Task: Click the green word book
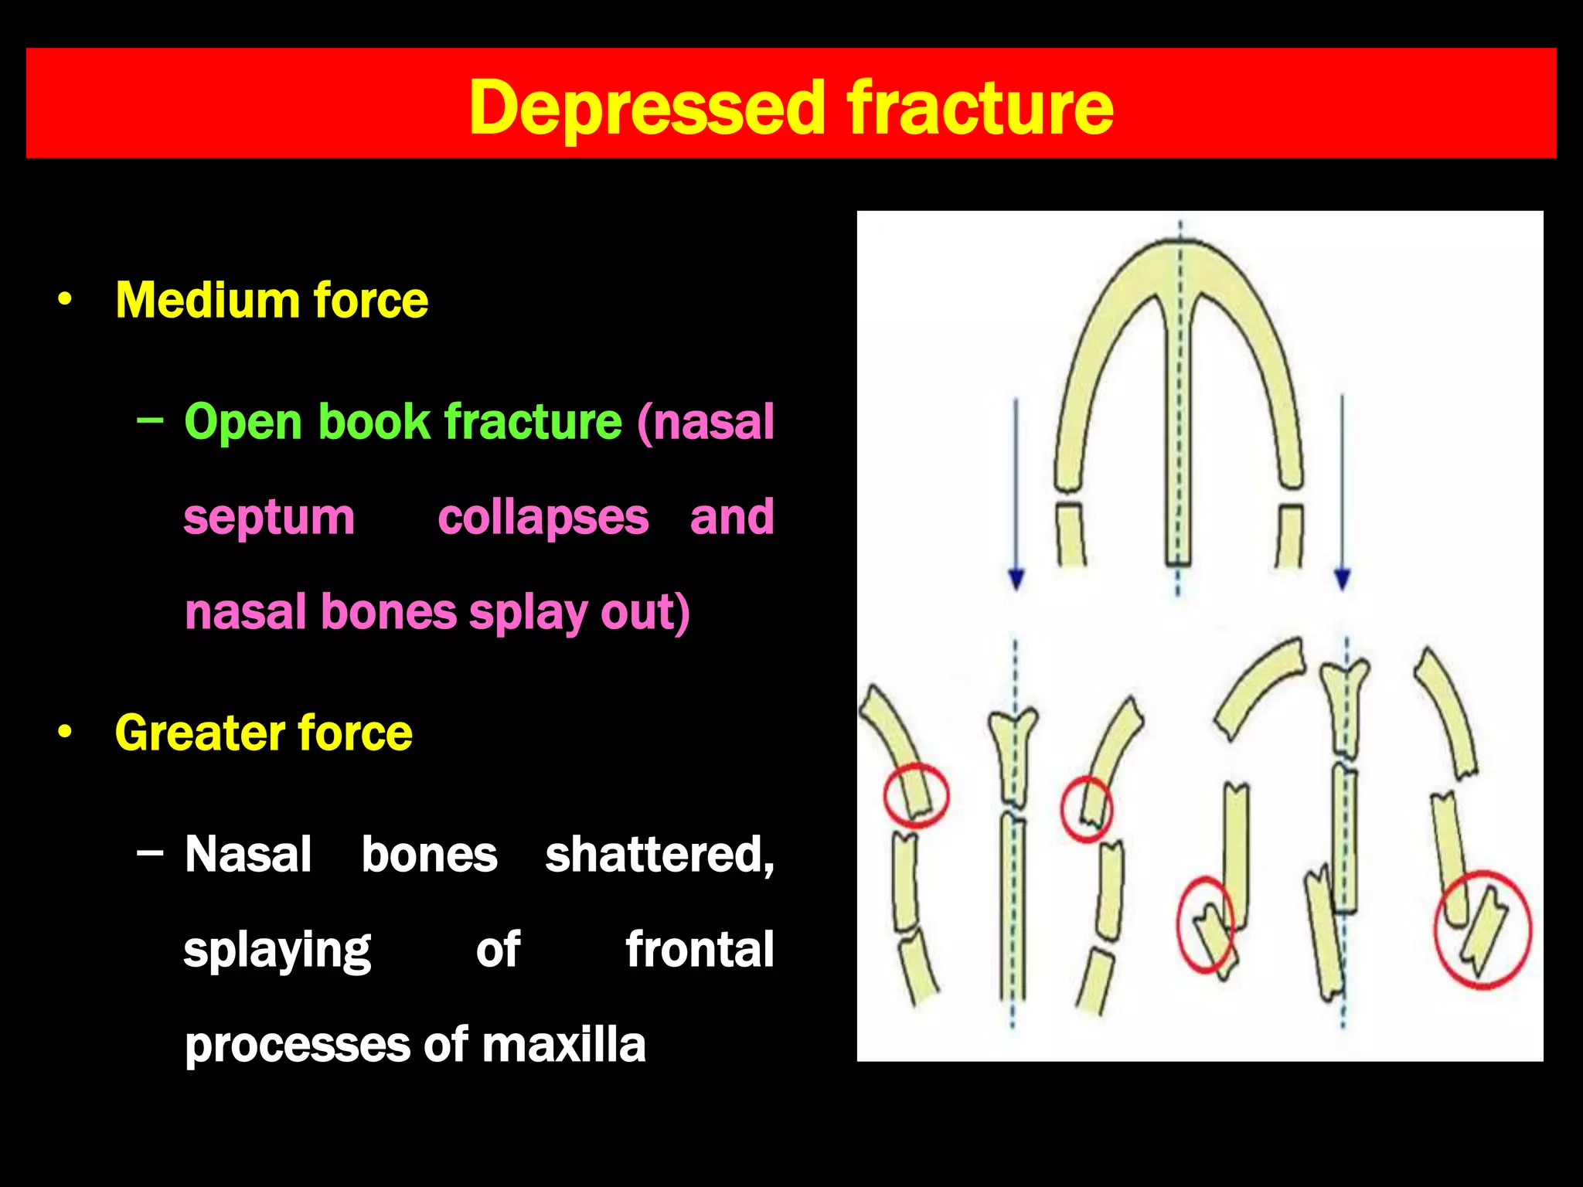click(x=373, y=422)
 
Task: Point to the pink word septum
click(x=269, y=518)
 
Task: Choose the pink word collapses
click(x=543, y=517)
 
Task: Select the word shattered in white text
click(x=659, y=855)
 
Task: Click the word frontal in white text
click(x=700, y=950)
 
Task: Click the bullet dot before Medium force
click(x=66, y=299)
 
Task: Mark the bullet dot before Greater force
click(x=66, y=732)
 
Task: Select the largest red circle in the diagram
click(x=1483, y=930)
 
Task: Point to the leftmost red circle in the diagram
click(x=916, y=796)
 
